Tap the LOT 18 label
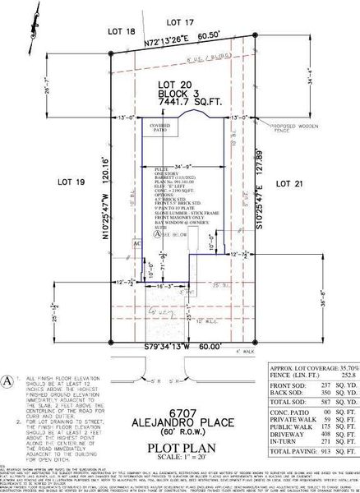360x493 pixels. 121,30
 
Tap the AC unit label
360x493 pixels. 137,243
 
